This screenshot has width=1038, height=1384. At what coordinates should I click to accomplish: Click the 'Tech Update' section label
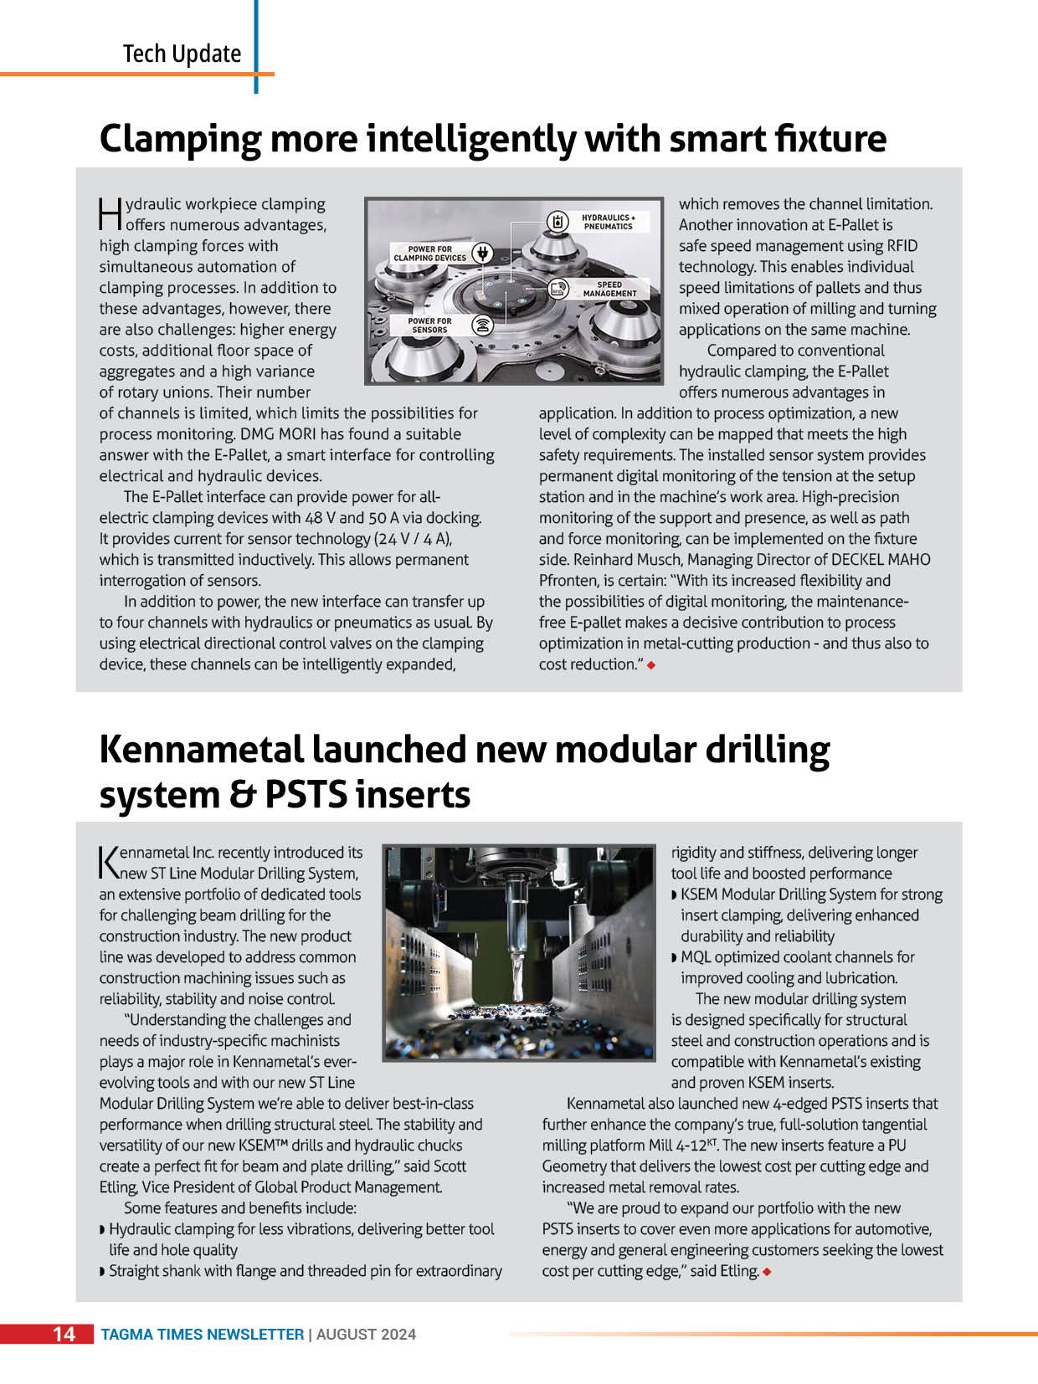tap(182, 54)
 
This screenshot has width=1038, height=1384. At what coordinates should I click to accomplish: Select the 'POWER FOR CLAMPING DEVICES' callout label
tap(429, 254)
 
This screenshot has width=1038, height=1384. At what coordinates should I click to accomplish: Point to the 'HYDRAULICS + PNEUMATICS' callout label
tap(608, 222)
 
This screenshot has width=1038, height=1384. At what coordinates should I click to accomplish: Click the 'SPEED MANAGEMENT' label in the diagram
tap(609, 290)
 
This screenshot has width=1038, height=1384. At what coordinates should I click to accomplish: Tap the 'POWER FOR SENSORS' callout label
tap(429, 325)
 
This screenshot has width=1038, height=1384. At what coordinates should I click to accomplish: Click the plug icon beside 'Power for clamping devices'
tap(481, 253)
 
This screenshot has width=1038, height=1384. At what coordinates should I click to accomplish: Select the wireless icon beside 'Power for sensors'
tap(482, 325)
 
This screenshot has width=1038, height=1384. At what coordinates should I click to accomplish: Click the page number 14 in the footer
tap(64, 1334)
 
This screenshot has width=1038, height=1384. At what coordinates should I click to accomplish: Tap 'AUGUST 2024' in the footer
tap(366, 1335)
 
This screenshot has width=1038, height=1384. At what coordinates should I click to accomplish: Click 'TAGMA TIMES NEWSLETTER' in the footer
tap(202, 1335)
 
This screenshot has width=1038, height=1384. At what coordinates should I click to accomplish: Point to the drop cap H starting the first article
tap(110, 214)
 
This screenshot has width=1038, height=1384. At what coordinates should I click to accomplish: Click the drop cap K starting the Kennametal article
tap(109, 862)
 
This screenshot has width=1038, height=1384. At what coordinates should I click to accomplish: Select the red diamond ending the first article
tap(650, 665)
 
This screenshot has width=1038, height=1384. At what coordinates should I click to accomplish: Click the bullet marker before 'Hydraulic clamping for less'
tap(103, 1230)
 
